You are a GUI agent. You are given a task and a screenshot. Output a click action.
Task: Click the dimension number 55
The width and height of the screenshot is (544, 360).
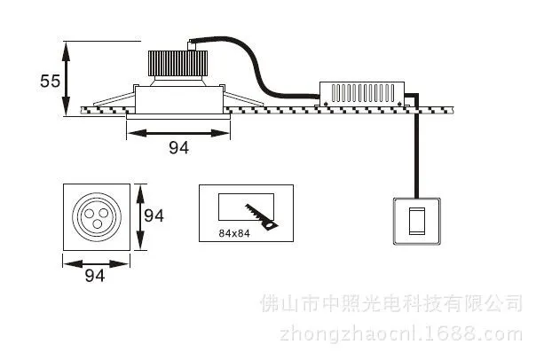[x=51, y=81]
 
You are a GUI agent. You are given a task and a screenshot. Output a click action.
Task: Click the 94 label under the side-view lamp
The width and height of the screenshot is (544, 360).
[x=178, y=147]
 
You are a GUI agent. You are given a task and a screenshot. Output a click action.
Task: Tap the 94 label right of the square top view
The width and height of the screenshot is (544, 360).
[x=154, y=215]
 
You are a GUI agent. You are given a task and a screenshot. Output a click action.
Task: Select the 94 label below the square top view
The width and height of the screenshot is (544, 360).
[x=95, y=276]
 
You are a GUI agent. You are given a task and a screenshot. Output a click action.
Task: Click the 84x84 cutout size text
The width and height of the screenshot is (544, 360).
[x=234, y=233]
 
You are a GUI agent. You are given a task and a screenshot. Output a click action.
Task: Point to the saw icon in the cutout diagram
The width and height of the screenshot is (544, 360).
[x=261, y=217]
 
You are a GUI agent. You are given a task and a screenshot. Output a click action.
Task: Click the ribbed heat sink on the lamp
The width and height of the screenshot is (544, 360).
[x=177, y=64]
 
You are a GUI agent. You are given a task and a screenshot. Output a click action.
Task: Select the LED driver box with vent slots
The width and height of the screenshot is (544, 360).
[x=362, y=93]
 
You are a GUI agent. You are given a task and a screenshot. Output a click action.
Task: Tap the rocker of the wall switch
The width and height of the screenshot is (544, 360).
[x=417, y=221]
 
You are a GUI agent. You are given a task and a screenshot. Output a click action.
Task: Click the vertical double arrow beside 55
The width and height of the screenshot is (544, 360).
[x=66, y=79]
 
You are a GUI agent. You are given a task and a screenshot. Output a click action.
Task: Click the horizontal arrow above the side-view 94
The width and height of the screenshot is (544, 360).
[x=178, y=133]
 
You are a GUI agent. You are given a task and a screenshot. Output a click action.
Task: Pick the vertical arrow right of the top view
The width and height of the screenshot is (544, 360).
[x=140, y=217]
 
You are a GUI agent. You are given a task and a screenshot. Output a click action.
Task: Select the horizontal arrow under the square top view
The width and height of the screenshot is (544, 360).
[x=96, y=264]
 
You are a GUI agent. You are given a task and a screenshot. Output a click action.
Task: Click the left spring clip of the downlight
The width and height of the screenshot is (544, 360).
[x=114, y=98]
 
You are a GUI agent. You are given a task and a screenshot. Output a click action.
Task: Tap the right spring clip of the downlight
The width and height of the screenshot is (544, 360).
[x=243, y=98]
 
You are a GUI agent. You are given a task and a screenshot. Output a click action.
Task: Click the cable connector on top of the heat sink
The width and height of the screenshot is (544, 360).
[x=191, y=45]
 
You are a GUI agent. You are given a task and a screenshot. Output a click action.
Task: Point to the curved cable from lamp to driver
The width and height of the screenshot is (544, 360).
[x=257, y=69]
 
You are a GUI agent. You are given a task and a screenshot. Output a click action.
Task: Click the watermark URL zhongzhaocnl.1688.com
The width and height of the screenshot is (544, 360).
[x=401, y=333]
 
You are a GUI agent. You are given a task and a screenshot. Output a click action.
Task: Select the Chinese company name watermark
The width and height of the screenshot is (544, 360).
[x=391, y=303]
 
